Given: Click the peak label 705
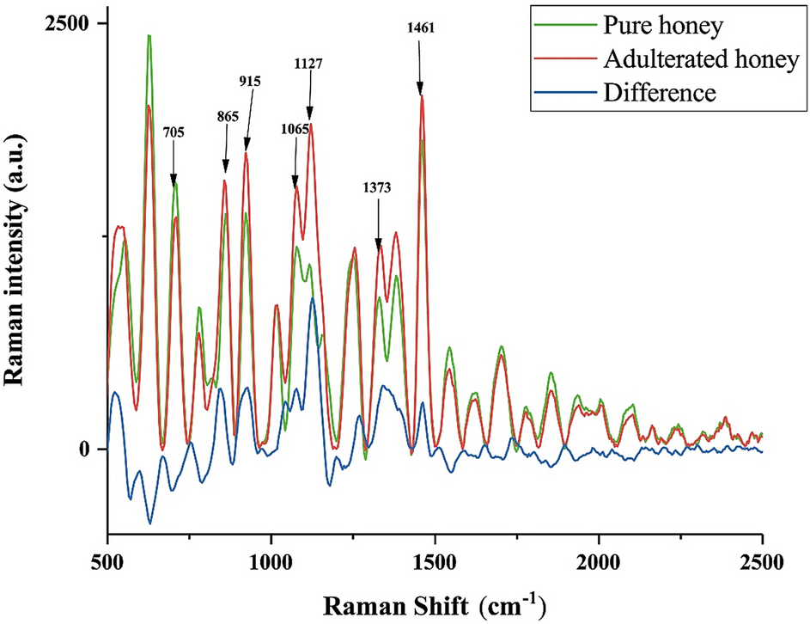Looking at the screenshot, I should point(174,133).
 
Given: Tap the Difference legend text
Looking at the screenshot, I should point(659,92).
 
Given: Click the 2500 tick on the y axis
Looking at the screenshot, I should point(70,24).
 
